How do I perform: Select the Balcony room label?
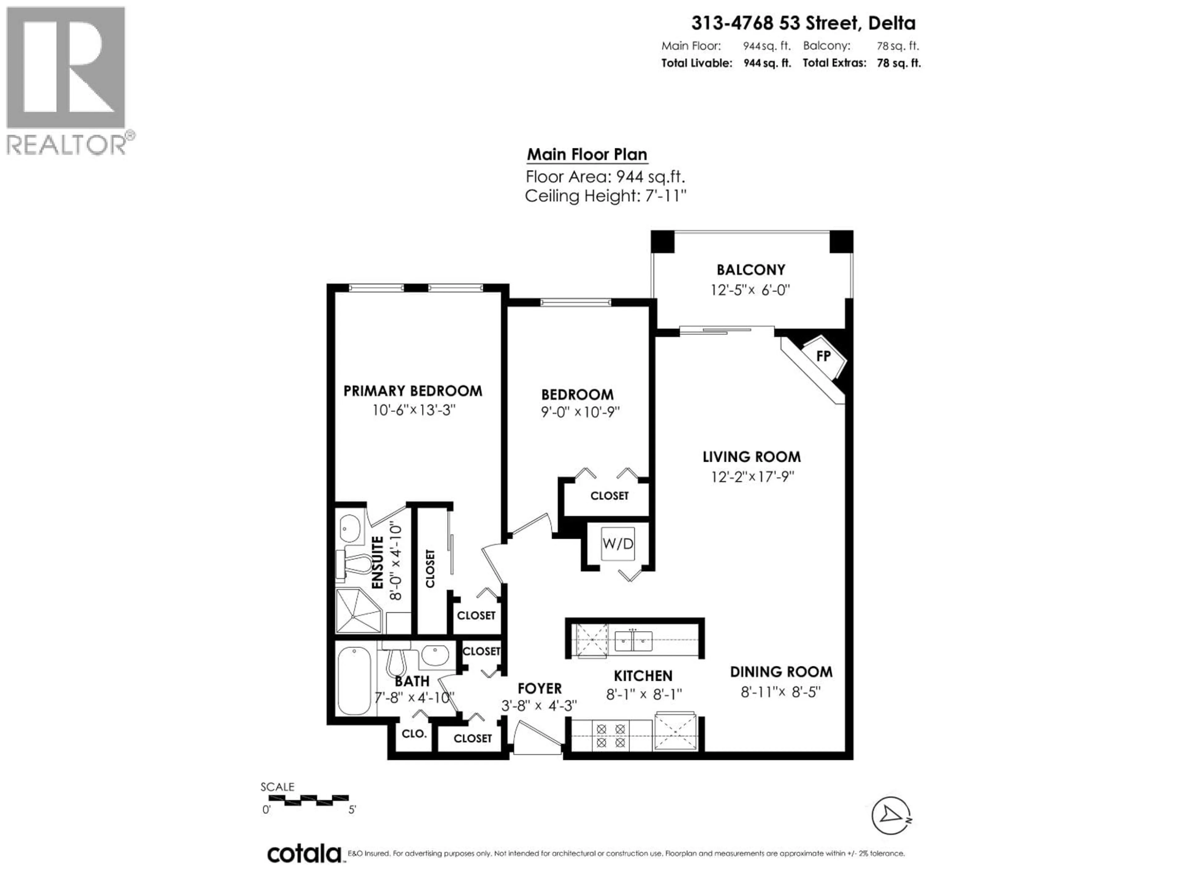[x=750, y=270]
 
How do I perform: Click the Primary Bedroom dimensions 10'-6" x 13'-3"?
[x=414, y=411]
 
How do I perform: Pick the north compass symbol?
[x=891, y=816]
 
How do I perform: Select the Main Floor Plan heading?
[x=587, y=155]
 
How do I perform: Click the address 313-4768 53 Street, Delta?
[x=803, y=23]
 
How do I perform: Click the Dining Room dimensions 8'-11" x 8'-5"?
[x=780, y=692]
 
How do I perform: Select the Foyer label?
[x=539, y=688]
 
